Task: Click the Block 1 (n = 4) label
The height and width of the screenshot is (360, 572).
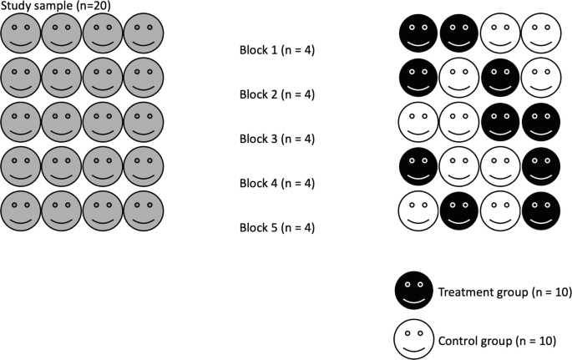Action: (x=276, y=49)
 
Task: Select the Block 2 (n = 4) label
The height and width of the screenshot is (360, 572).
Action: (x=276, y=94)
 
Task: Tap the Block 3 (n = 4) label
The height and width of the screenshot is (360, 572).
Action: (x=276, y=139)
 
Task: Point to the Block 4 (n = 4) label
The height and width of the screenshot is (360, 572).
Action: (x=276, y=183)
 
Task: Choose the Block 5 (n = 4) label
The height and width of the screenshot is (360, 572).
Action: (x=276, y=227)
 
